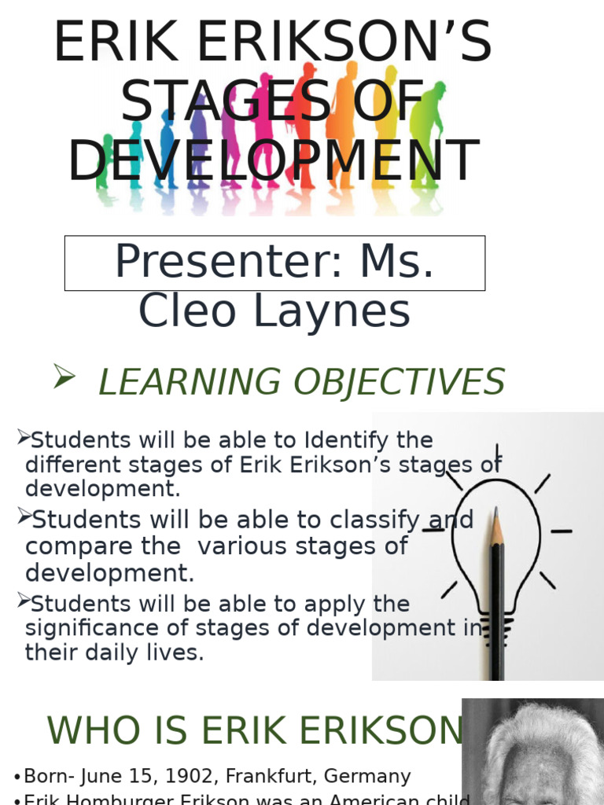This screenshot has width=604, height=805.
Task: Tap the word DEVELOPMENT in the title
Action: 274,160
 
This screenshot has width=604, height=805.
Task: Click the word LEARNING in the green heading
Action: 189,382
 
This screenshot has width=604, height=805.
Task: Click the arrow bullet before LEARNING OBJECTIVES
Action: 64,378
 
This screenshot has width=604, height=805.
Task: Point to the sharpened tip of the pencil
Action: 495,515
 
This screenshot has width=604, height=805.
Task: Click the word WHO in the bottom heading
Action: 87,731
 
